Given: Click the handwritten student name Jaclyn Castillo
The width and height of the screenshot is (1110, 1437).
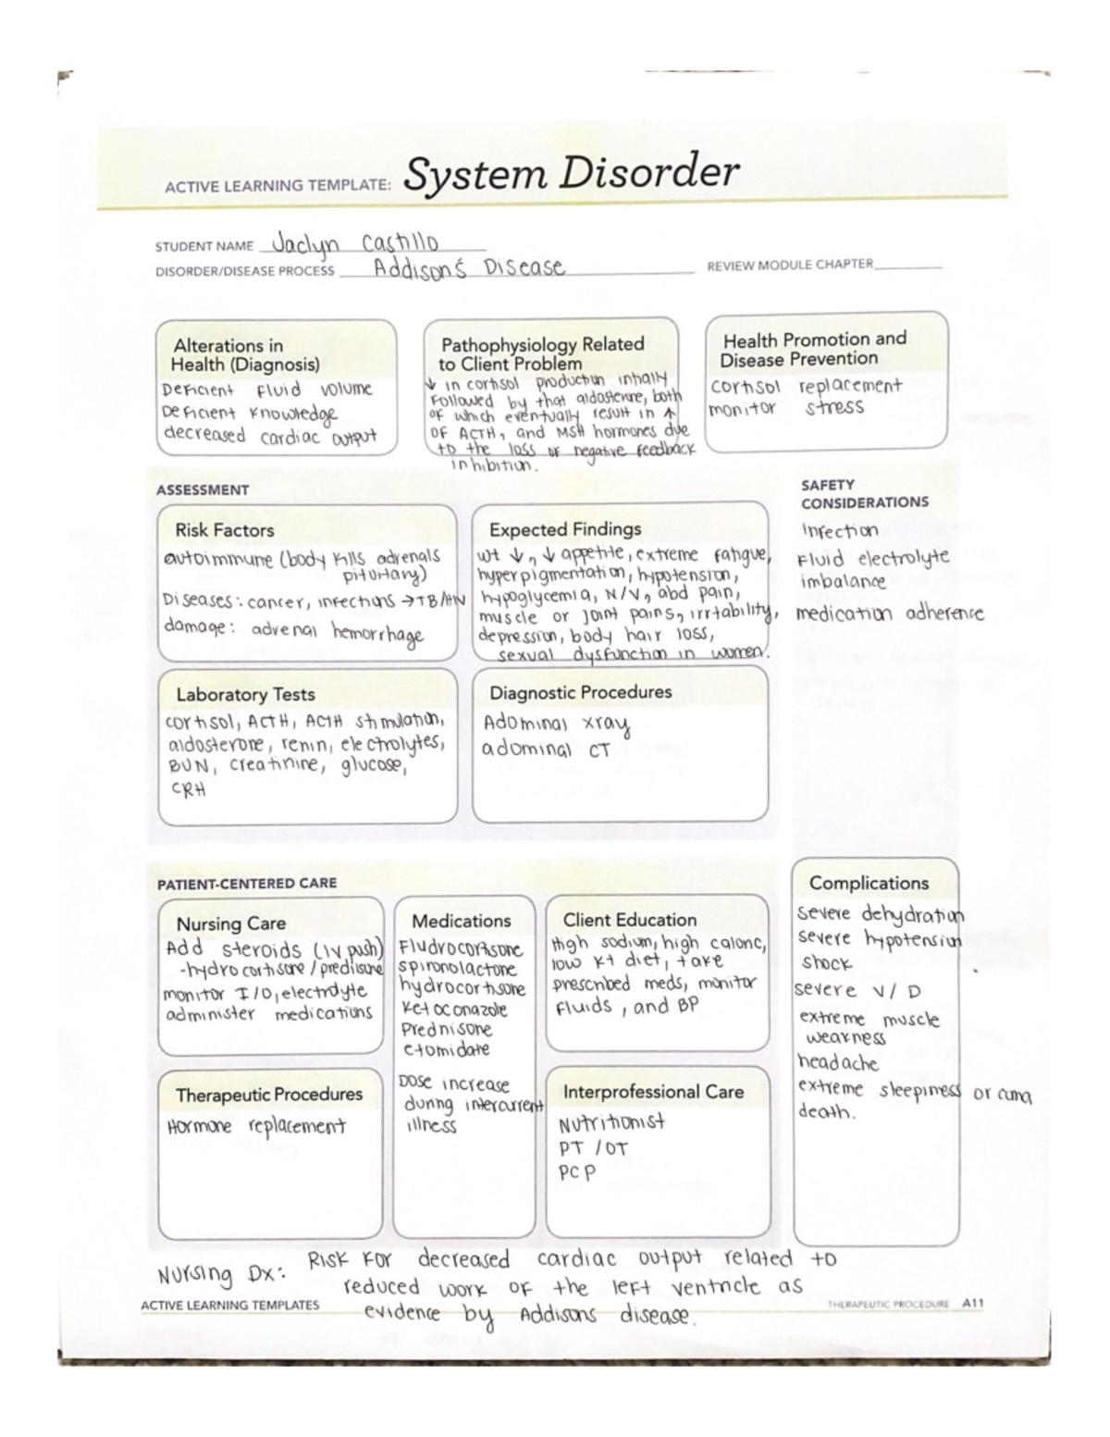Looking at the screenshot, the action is click(355, 244).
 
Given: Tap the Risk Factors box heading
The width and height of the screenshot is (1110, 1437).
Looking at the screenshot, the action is click(225, 530).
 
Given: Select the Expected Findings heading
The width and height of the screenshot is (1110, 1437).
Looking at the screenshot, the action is click(564, 529).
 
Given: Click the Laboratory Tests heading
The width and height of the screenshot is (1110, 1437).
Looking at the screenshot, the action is click(245, 694).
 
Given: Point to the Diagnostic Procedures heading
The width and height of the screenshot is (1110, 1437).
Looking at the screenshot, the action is click(580, 692).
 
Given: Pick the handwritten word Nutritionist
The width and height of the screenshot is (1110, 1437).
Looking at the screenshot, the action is click(611, 1123).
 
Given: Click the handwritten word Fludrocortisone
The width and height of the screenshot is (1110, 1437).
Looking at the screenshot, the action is click(461, 949).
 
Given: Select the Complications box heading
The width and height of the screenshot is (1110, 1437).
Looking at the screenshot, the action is click(869, 883).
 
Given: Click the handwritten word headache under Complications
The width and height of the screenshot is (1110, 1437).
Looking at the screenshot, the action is click(838, 1062).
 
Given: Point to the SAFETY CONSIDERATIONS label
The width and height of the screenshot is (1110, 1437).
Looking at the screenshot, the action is click(864, 493).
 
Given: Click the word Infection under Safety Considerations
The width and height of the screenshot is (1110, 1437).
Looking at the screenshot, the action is click(840, 531).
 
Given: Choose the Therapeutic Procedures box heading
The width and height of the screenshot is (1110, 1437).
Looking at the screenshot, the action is click(269, 1095).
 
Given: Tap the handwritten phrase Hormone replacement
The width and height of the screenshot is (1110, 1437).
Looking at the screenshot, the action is click(256, 1127).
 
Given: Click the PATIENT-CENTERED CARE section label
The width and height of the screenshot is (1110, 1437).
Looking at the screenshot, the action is click(247, 883).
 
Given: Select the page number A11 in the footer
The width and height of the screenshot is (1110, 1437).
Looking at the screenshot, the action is click(972, 1303).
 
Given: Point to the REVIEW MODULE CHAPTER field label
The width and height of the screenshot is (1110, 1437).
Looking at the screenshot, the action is click(790, 265).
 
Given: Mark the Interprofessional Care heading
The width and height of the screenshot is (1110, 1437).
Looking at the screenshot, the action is click(653, 1092).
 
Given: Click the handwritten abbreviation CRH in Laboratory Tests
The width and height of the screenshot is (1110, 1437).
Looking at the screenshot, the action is click(188, 789).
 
